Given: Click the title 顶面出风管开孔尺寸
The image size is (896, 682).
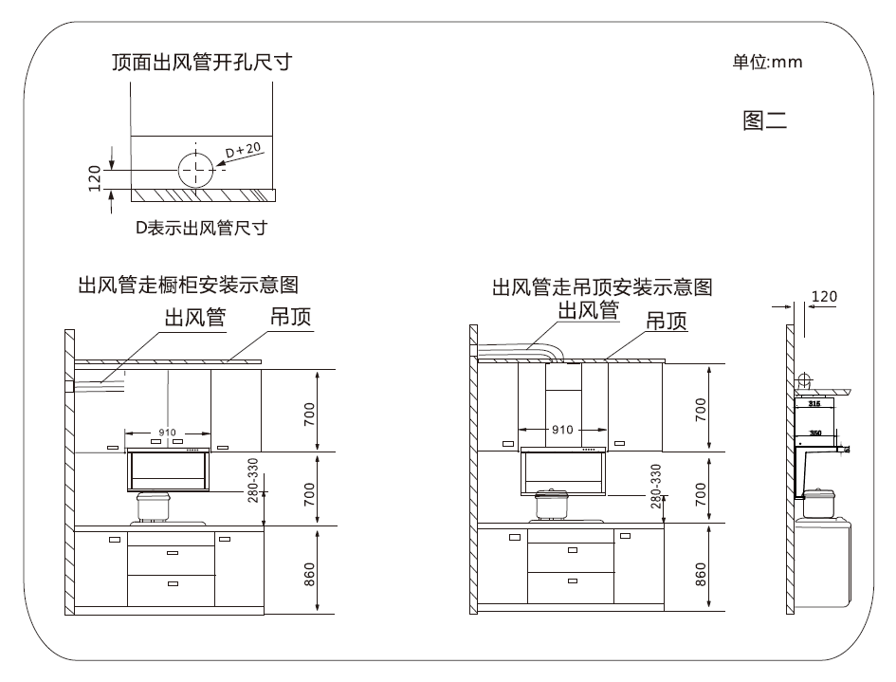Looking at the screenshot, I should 201,64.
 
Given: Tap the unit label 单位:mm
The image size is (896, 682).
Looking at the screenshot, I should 767,63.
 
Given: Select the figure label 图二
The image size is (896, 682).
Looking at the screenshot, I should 765,121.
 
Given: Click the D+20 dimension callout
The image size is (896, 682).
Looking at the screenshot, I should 244,151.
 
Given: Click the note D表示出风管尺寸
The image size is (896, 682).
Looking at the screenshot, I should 200,228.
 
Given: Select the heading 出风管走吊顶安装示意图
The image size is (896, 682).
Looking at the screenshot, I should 602,286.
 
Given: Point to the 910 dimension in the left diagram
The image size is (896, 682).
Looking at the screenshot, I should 168,433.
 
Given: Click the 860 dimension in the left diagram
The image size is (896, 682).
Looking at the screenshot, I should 309,573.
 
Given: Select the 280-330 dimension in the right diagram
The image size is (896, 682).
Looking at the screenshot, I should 656,487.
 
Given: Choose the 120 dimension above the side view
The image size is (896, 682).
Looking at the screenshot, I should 825,297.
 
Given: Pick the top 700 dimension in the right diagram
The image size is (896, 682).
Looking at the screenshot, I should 700,409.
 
